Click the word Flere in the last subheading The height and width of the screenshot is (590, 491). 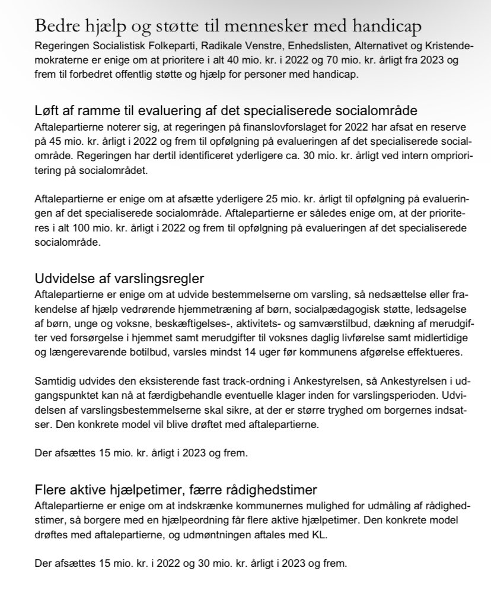point(51,491)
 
